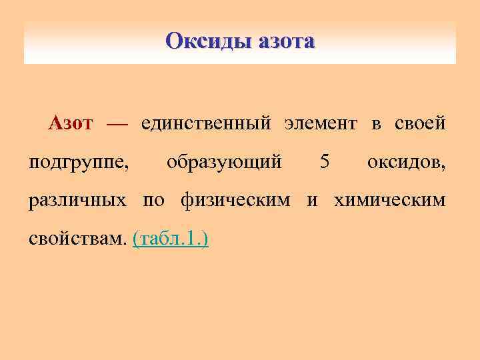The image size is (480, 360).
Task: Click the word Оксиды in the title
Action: [205, 41]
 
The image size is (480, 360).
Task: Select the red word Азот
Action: [70, 123]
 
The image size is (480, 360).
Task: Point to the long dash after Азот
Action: [116, 124]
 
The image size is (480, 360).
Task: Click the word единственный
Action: [205, 124]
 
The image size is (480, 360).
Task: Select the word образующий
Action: [223, 162]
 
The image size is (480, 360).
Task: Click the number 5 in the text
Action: [325, 161]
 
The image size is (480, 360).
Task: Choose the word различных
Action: [77, 200]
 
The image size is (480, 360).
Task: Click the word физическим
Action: [235, 200]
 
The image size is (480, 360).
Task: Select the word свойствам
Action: [77, 238]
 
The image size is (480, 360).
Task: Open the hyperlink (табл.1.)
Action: [171, 238]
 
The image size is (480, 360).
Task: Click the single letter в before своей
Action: [377, 125]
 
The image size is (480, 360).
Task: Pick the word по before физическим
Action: [153, 200]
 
